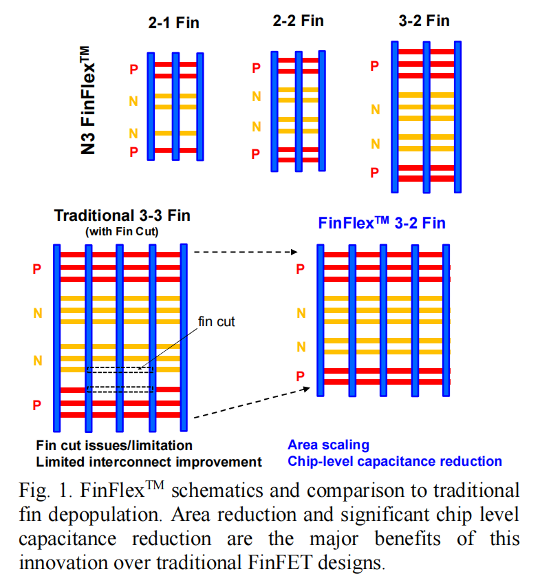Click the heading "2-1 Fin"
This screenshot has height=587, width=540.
(173, 23)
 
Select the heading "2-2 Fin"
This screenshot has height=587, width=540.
(298, 21)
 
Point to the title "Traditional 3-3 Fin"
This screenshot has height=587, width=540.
(122, 215)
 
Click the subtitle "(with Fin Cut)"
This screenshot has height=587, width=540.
(122, 231)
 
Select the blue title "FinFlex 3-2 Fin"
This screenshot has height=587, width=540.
(381, 222)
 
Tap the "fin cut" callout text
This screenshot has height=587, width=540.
(217, 321)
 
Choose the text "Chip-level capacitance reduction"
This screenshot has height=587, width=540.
(395, 461)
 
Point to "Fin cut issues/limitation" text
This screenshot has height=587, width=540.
(114, 446)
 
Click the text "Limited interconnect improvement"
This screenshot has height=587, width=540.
(149, 462)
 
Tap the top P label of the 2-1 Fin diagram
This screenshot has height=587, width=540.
(133, 69)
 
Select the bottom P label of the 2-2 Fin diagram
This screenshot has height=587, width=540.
(256, 154)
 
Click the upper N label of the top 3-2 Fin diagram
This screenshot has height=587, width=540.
(375, 109)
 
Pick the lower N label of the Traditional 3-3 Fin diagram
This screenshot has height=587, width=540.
(38, 360)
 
